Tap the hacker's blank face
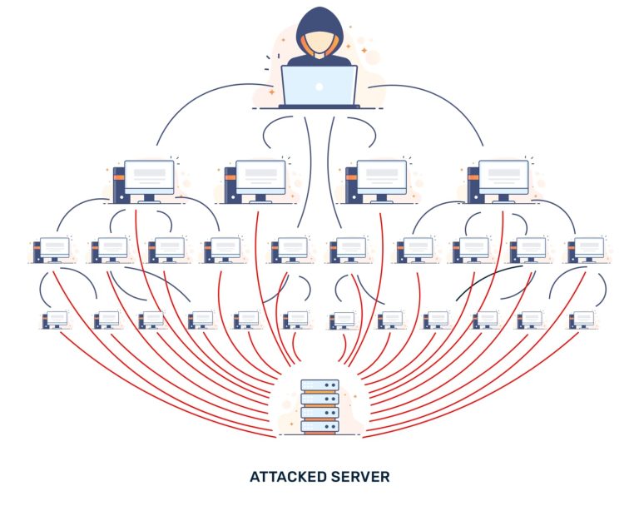tap(319, 42)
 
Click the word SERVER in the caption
tap(360, 477)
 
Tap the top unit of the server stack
tap(319, 385)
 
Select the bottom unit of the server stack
tap(319, 426)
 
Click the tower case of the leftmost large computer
tap(119, 184)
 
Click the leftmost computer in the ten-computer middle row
tap(54, 247)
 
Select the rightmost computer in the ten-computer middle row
tap(588, 247)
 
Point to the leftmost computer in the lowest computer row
tap(57, 318)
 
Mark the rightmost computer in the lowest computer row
tap(582, 318)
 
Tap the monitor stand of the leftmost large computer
tap(149, 199)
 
